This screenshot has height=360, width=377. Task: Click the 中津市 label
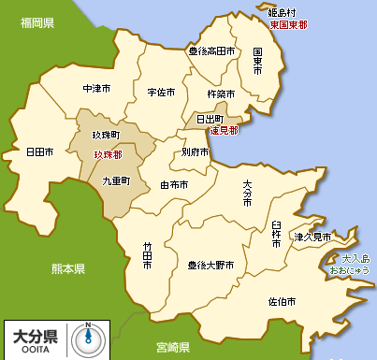(96, 89)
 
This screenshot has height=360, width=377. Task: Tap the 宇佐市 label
(161, 93)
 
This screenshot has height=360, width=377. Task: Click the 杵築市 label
(220, 94)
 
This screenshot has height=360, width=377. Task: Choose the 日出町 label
(210, 120)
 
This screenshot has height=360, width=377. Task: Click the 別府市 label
(196, 151)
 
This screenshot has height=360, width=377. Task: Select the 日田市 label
(40, 151)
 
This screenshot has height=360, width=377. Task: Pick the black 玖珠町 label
(107, 137)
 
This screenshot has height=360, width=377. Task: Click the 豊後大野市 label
(210, 265)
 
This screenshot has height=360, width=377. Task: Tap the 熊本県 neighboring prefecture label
(67, 268)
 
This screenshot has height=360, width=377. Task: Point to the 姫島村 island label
(282, 13)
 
